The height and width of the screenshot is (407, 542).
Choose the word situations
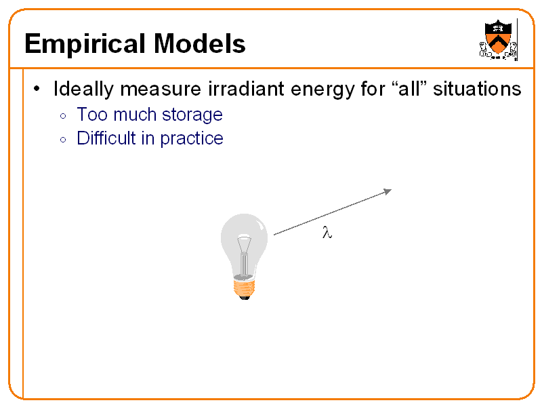(x=478, y=90)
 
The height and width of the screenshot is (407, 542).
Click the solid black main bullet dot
(x=38, y=90)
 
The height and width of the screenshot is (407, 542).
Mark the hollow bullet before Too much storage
(x=62, y=116)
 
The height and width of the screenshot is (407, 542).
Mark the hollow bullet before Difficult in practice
(x=62, y=140)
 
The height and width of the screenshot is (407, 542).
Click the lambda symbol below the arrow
(x=327, y=233)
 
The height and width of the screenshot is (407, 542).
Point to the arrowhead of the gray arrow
(x=388, y=191)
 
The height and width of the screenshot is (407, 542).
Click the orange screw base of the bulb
(x=245, y=288)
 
